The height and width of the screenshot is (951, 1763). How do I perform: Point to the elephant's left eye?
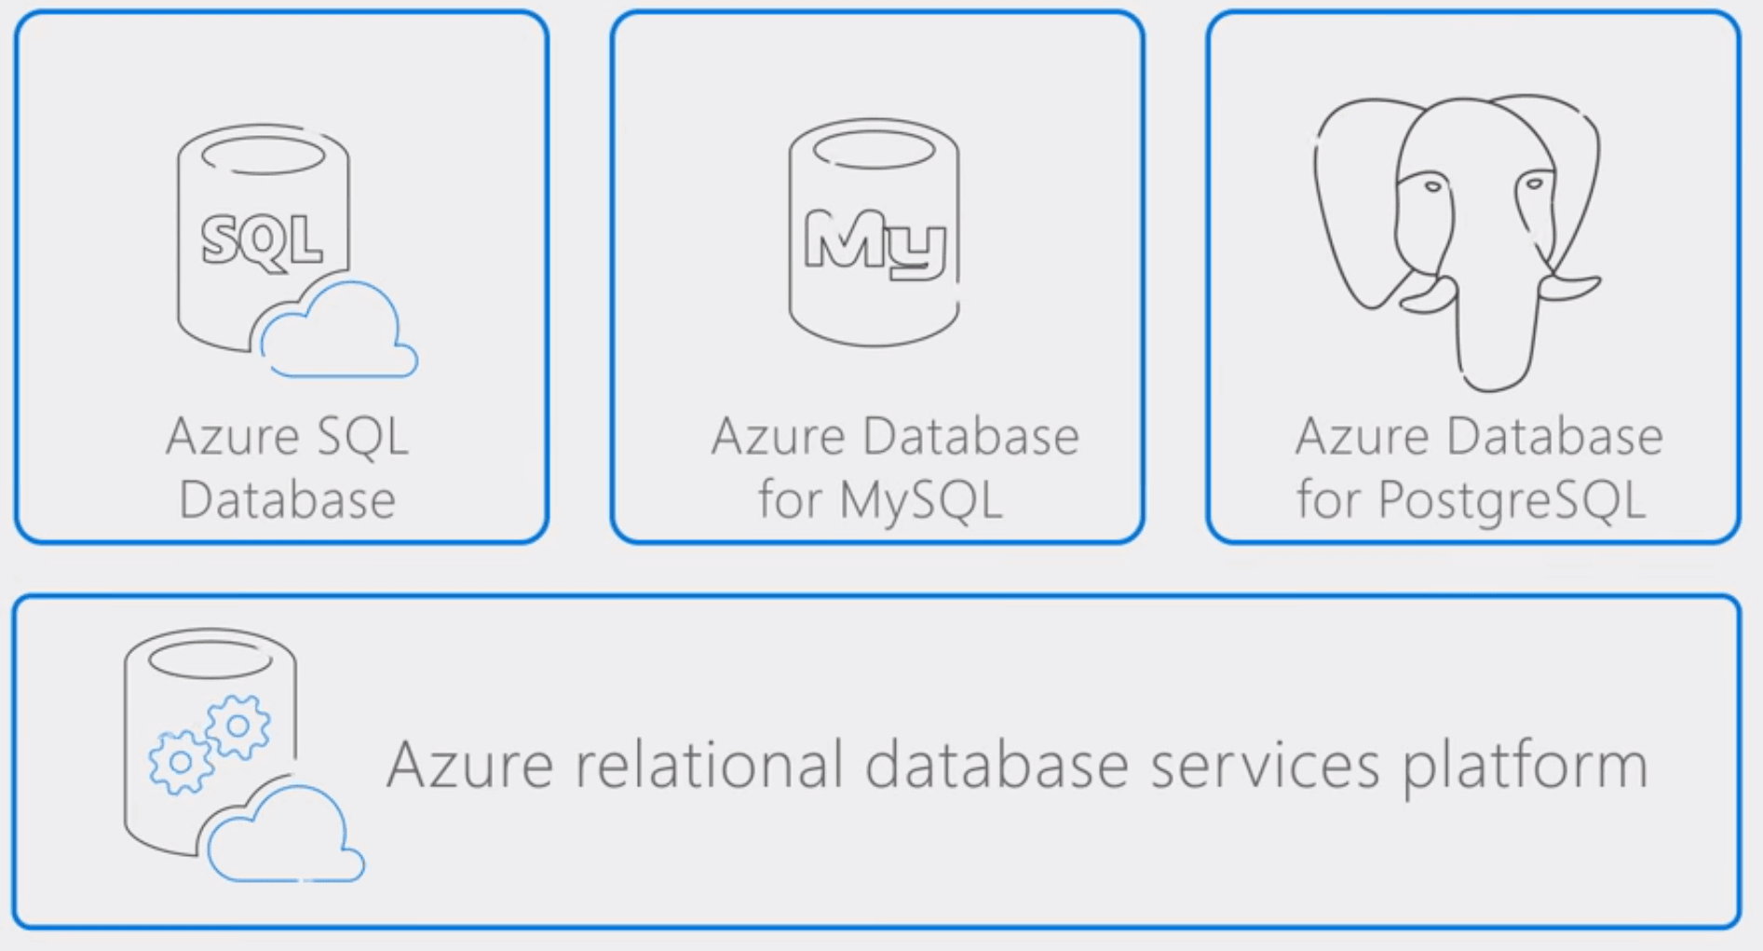click(1432, 187)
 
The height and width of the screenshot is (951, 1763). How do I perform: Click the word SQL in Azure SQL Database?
click(362, 436)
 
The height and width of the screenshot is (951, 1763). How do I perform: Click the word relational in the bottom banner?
click(706, 765)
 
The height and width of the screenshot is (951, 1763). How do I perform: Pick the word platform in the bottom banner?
click(1526, 765)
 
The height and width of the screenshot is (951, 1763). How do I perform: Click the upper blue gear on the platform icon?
click(238, 726)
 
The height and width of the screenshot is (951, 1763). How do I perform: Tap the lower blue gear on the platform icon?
click(181, 762)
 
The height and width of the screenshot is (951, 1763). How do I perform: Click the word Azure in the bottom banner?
click(470, 766)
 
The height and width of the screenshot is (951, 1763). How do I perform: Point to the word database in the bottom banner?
click(996, 765)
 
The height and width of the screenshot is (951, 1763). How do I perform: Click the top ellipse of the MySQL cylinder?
click(875, 149)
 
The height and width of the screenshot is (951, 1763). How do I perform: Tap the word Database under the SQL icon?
click(287, 499)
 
